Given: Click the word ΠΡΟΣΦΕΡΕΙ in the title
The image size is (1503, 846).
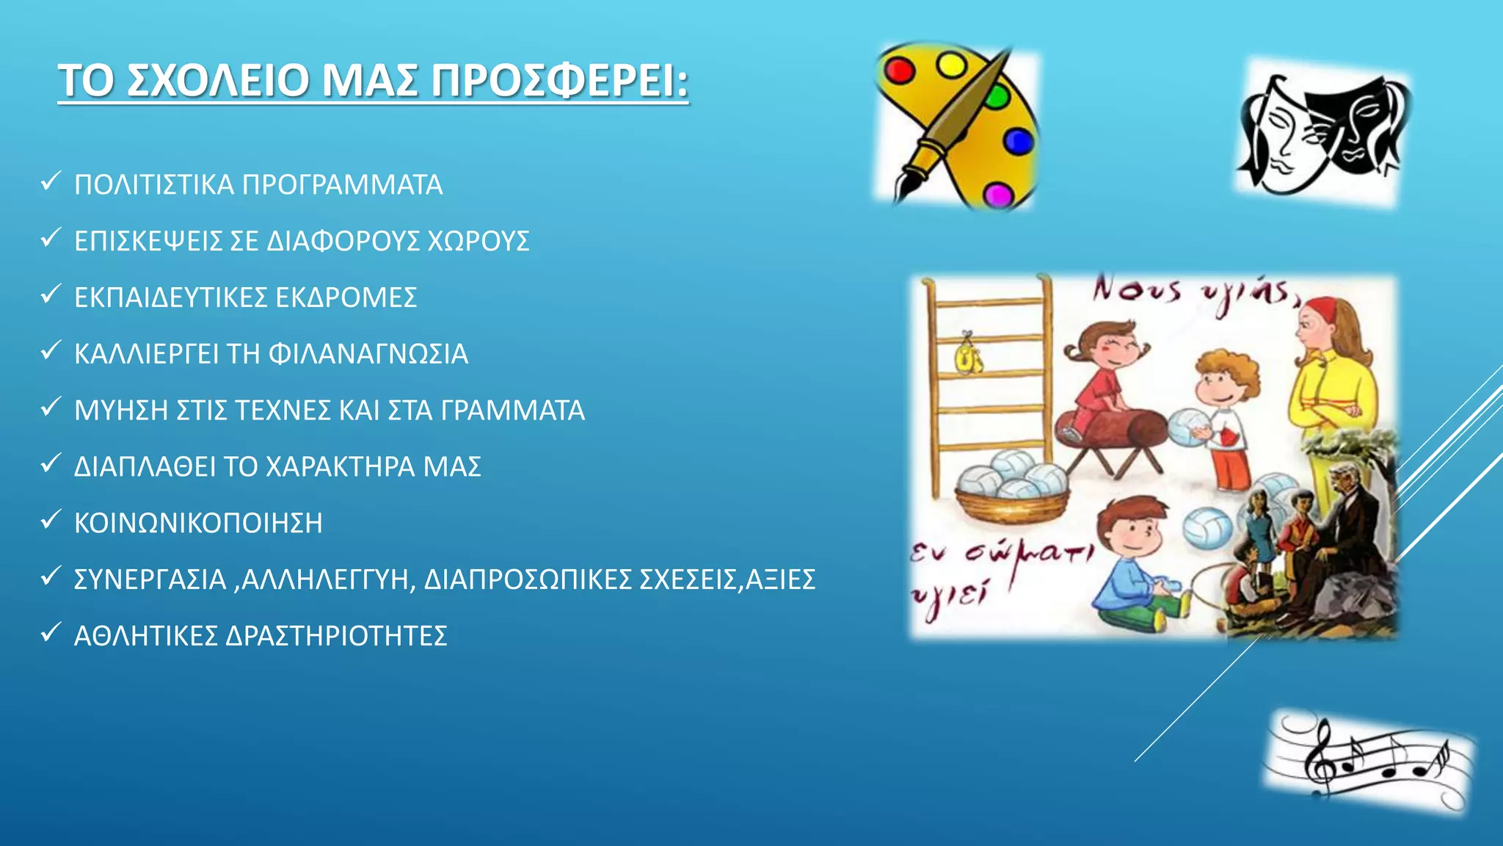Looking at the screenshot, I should click(x=559, y=80).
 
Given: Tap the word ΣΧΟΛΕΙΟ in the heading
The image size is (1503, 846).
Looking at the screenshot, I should click(x=218, y=80).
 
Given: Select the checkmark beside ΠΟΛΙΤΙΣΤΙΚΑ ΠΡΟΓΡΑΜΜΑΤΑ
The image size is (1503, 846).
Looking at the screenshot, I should click(x=50, y=181).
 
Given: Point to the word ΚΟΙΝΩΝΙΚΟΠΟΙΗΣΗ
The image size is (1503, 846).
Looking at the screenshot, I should click(x=198, y=524).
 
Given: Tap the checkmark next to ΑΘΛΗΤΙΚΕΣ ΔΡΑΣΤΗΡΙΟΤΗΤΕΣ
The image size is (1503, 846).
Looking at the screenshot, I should click(x=50, y=632).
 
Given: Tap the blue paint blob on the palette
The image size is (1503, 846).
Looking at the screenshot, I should click(x=1017, y=141).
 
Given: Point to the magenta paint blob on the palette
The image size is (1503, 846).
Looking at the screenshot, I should click(x=997, y=195).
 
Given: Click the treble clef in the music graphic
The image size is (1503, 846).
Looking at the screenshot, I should click(x=1321, y=756).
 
